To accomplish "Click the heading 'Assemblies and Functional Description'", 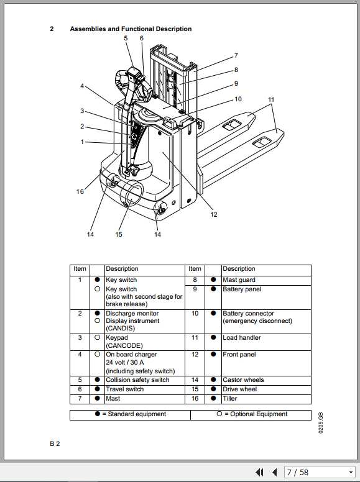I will pyautogui.click(x=131, y=29).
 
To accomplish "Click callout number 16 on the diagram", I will pyautogui.click(x=80, y=192).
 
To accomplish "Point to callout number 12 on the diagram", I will pyautogui.click(x=213, y=215).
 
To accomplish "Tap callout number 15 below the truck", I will pyautogui.click(x=119, y=234).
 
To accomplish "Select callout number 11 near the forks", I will pyautogui.click(x=271, y=99).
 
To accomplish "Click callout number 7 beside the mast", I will pyautogui.click(x=236, y=55).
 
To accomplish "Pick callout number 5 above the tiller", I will pyautogui.click(x=126, y=39).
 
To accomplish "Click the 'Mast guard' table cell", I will pyautogui.click(x=239, y=280).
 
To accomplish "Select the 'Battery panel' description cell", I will pyautogui.click(x=242, y=289).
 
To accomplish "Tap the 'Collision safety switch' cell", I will pyautogui.click(x=137, y=380).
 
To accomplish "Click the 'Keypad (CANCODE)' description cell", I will pyautogui.click(x=124, y=341).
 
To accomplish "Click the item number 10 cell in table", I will pyautogui.click(x=195, y=314).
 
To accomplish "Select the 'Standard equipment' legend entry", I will pyautogui.click(x=130, y=414).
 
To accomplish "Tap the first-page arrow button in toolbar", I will pyautogui.click(x=260, y=473).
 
